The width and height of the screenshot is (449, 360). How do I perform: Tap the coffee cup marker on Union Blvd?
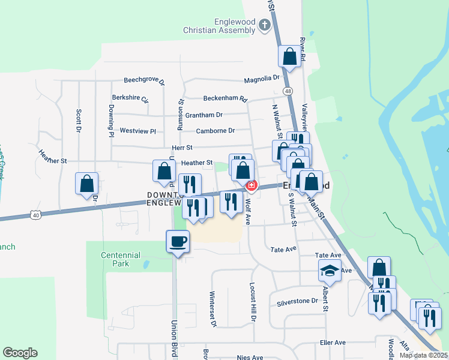coord(178,242)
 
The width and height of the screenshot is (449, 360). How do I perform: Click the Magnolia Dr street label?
coord(262,78)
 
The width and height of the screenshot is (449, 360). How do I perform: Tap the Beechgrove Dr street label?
coord(144,80)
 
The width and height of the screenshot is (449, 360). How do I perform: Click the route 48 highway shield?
coord(289,91)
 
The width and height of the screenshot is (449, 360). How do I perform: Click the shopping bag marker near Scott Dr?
coord(86,183)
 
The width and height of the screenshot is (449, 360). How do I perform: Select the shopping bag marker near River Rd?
coord(289,57)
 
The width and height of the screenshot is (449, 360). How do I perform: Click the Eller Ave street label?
coord(333,343)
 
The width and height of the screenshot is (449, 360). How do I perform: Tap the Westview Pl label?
coord(137,131)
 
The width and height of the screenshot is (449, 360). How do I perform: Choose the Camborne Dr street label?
coord(215,130)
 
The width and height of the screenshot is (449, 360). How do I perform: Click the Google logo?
coord(20,353)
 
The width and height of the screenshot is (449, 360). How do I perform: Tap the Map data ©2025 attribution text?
coord(423,355)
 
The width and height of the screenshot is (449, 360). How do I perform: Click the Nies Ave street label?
coord(250,358)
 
